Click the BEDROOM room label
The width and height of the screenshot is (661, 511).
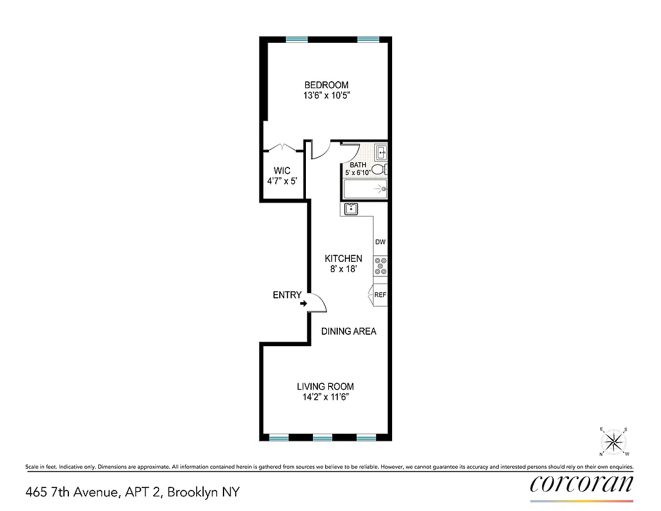[x=326, y=85]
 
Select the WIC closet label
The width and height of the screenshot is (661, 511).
[x=282, y=171]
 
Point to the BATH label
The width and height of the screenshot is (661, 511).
[x=358, y=165]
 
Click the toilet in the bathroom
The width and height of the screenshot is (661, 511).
[x=378, y=170]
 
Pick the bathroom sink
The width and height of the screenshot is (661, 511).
[x=381, y=152]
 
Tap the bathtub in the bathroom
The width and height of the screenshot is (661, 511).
[x=366, y=189]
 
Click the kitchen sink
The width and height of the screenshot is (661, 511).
[x=351, y=209]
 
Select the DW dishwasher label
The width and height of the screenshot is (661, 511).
[x=381, y=242]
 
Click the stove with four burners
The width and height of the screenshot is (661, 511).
[x=381, y=266]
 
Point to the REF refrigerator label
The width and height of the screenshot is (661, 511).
[x=381, y=295]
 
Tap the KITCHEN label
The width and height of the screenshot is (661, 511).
[x=344, y=259]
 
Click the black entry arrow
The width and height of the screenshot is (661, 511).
[x=303, y=303]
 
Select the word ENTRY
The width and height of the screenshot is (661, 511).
[x=287, y=294]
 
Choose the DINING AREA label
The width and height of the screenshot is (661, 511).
[x=349, y=332]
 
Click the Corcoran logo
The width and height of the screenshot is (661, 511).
[x=582, y=484]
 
